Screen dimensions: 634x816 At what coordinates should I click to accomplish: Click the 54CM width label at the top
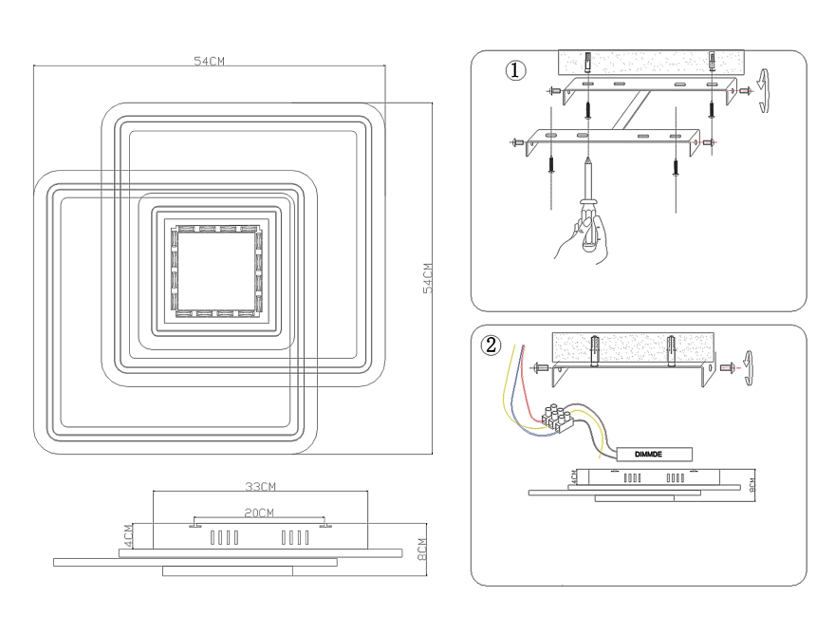coord(209,61)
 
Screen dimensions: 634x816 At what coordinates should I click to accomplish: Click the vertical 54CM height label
coord(428,278)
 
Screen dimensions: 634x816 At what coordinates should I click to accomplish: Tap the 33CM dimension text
coord(260,487)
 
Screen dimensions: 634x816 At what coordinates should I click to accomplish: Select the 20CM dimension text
coord(259,513)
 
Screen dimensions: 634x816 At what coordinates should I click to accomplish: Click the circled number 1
coord(514,71)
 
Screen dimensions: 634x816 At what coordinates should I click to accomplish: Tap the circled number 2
coord(491,345)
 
